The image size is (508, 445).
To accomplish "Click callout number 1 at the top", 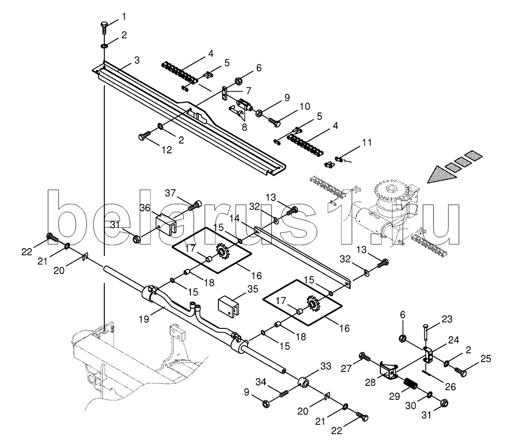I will [x=123, y=17].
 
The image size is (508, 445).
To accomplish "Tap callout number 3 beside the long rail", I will [x=136, y=61].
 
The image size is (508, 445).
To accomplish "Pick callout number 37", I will [x=171, y=193].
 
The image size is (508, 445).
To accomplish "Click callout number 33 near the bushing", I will [x=325, y=367].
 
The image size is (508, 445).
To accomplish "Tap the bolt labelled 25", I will [x=460, y=371].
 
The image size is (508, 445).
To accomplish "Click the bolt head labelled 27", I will [x=364, y=357].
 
